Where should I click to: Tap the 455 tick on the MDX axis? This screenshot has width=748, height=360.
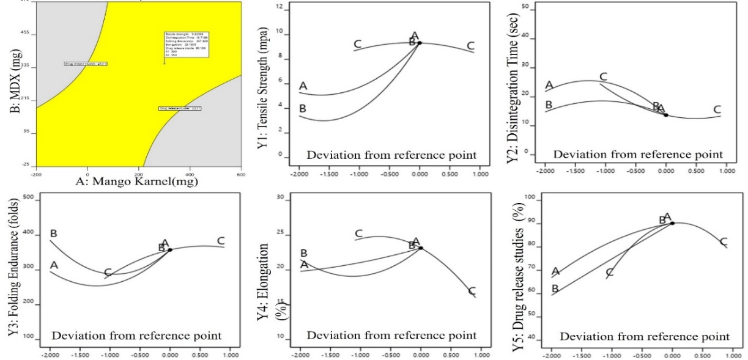click(x=26, y=34)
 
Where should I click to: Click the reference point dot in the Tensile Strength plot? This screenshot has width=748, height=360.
click(x=420, y=43)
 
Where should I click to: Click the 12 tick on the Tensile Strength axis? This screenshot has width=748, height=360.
click(x=279, y=7)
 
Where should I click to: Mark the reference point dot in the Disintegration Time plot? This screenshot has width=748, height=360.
click(x=666, y=115)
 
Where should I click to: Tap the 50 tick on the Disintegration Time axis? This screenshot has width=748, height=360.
click(x=524, y=4)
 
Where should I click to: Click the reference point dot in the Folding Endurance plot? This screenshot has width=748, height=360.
click(x=170, y=249)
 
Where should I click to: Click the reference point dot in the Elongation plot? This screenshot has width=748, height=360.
click(x=421, y=248)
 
